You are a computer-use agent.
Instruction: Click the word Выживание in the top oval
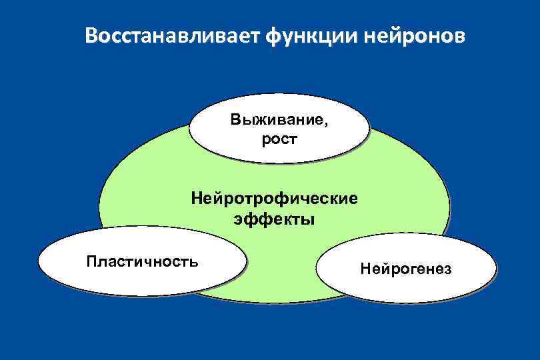277,121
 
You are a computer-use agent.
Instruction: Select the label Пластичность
142,260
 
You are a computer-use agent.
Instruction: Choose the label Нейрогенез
405,269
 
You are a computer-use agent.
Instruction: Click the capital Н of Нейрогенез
365,269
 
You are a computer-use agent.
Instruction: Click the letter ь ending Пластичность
193,260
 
